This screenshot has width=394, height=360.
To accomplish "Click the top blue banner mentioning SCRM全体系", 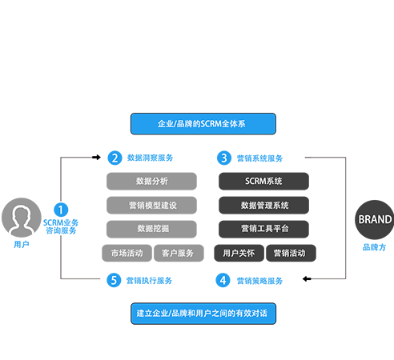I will point(203,123).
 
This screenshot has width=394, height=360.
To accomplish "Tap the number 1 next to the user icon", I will point(61,210).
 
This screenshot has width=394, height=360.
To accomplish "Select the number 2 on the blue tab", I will point(115,158).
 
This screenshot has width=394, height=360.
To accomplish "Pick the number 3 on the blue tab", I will point(224,158).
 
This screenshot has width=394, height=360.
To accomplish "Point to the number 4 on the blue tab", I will point(223,280).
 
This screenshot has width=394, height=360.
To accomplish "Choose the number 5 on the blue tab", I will point(115,280).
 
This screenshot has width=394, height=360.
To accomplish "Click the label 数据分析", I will point(152,181).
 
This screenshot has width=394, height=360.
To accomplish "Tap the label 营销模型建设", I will point(152,205).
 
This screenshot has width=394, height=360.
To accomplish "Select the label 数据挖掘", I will point(152,228).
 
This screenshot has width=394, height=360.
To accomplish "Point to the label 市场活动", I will point(127,253).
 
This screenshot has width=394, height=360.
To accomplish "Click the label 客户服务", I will point(178,253).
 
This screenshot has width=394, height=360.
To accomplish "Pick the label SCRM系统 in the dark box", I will point(264,181).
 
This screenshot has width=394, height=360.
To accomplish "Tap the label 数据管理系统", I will point(264,205).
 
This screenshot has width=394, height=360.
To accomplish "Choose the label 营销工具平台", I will point(264,228).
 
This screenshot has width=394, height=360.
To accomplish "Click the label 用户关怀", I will point(239,253).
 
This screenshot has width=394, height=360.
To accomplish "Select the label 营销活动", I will point(289,253).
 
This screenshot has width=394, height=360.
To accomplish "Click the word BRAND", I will point(375,219).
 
